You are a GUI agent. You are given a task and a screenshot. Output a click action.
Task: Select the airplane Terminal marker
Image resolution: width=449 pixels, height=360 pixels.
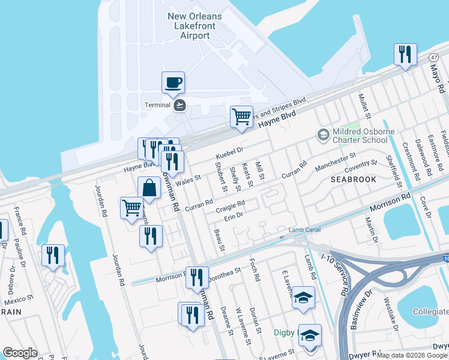pos(179,106)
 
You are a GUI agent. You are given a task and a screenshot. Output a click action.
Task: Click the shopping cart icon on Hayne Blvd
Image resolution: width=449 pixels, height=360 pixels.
pos(241,117)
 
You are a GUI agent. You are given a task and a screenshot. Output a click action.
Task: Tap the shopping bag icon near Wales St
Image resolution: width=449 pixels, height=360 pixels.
pos(149,188)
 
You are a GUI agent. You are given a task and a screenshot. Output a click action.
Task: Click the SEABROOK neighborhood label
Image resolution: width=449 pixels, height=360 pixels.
pos(352,179)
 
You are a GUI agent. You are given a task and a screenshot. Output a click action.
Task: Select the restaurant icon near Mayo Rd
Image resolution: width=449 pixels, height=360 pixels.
pos(405,55)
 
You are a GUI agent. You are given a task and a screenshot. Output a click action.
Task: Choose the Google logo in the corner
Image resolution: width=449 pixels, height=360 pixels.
pos(20,353)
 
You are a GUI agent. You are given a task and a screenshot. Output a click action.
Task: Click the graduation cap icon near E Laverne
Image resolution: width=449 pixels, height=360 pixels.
pos(303,298)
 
